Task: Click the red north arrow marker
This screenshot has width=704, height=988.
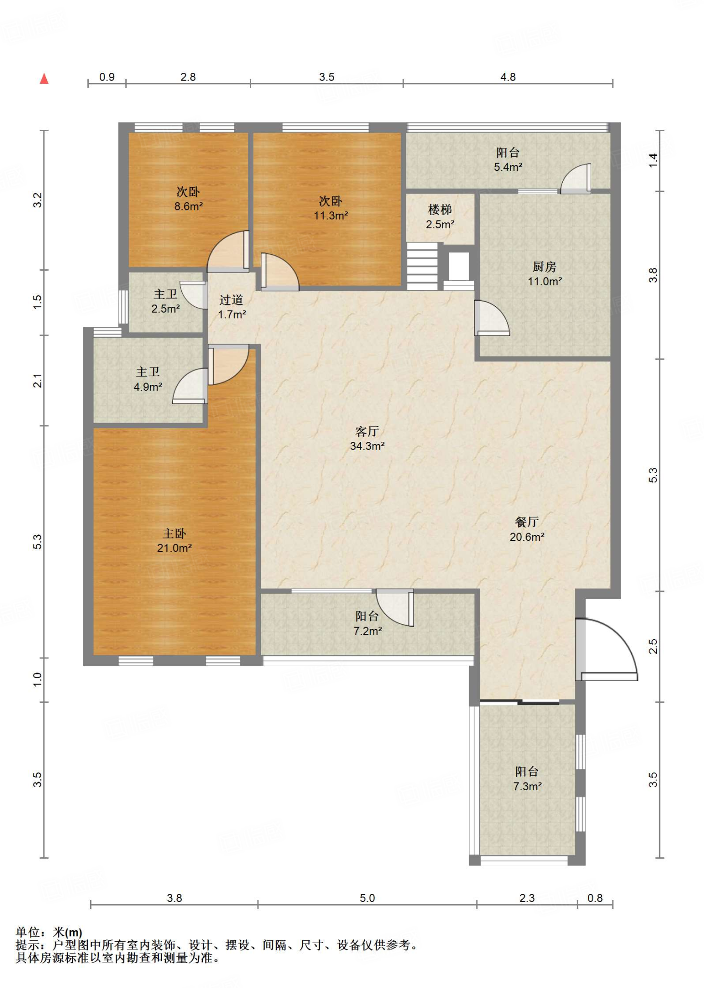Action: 44,78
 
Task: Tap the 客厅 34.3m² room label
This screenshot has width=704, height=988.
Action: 367,439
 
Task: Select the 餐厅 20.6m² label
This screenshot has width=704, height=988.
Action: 527,529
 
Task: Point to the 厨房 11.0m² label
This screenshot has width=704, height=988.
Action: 544,274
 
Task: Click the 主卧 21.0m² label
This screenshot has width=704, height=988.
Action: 174,540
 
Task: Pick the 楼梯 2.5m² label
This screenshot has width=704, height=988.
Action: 440,217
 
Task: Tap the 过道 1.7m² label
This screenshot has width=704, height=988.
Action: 231,307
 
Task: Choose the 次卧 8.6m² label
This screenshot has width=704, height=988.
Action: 188,199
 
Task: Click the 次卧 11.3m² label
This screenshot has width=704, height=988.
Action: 331,208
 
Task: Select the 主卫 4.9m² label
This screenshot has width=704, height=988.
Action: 148,379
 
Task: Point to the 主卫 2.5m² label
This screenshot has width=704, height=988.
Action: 165,301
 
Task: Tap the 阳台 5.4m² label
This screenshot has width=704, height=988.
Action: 508,160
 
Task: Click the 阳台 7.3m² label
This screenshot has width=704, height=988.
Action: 527,779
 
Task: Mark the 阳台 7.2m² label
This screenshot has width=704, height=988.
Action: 367,623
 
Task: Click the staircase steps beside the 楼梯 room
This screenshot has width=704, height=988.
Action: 422,266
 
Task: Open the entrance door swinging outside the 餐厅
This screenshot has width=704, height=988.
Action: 607,649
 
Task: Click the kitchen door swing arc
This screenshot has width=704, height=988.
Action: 492,317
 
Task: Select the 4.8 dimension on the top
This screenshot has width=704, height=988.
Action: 508,77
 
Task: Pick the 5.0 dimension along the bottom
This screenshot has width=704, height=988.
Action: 367,898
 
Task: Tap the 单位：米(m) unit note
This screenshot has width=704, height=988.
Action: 49,933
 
